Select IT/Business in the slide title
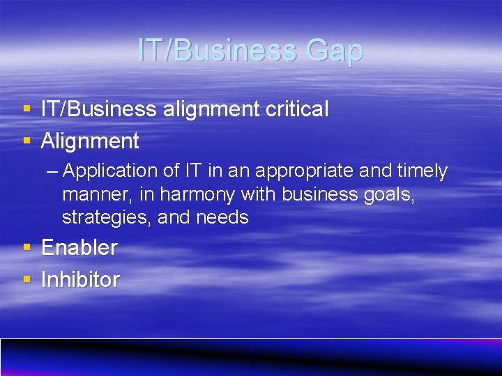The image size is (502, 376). click(x=217, y=51)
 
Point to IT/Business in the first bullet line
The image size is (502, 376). click(x=98, y=109)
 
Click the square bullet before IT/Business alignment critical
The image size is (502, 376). click(x=26, y=109)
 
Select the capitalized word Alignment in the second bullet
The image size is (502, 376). click(x=90, y=141)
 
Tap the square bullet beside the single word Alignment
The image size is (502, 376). click(x=26, y=141)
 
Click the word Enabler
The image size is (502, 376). click(x=79, y=247)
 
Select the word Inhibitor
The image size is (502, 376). click(x=80, y=280)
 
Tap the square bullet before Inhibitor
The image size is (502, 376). click(x=26, y=280)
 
